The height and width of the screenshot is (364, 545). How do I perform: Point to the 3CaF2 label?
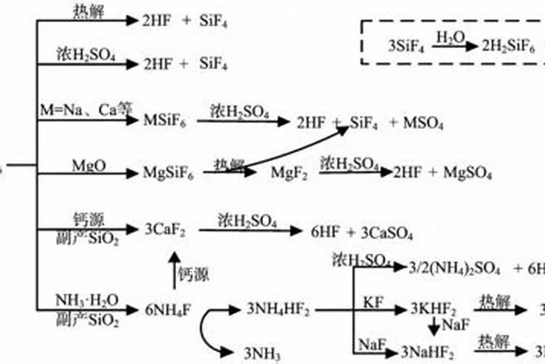click(165, 232)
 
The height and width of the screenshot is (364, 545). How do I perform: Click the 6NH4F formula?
click(167, 309)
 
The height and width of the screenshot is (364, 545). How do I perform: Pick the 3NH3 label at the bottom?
click(262, 352)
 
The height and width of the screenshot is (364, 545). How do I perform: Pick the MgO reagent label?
click(89, 165)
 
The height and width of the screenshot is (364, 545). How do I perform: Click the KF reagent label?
click(371, 301)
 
